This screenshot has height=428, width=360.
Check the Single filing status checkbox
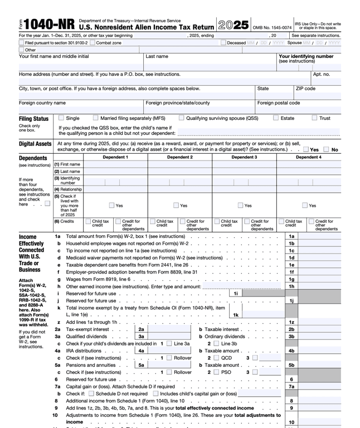[61, 118]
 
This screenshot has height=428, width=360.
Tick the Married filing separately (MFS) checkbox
[96, 118]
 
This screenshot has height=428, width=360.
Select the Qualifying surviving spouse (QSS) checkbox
[182, 118]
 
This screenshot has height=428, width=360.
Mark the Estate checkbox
[276, 118]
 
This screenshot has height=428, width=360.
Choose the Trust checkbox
[314, 118]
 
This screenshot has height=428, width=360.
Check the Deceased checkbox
[223, 42]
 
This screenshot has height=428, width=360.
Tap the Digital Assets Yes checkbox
[305, 149]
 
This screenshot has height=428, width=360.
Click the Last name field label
[157, 56]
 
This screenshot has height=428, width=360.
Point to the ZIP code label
[305, 88]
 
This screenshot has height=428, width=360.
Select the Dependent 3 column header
[244, 157]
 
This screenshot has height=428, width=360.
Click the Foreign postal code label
[278, 103]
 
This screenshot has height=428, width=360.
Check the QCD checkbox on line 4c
[217, 358]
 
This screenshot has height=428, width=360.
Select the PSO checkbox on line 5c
[217, 372]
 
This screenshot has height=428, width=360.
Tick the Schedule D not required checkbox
[91, 393]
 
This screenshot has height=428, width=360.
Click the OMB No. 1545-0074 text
[272, 27]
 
